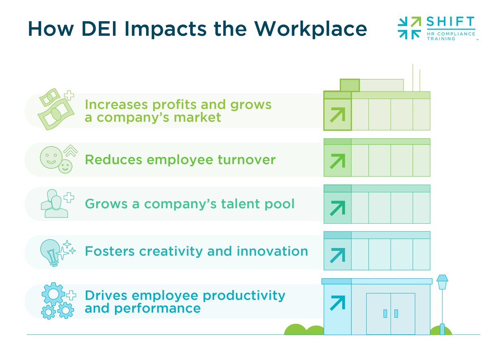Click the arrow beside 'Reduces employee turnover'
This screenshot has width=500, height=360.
coord(337,161)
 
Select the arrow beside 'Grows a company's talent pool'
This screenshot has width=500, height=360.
coord(337,207)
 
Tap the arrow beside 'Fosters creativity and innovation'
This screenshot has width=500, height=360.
coord(337,255)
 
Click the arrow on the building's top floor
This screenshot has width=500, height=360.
coord(337,115)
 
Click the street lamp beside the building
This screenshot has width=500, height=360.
coord(442,301)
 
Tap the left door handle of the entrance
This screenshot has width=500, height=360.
coord(385,314)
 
